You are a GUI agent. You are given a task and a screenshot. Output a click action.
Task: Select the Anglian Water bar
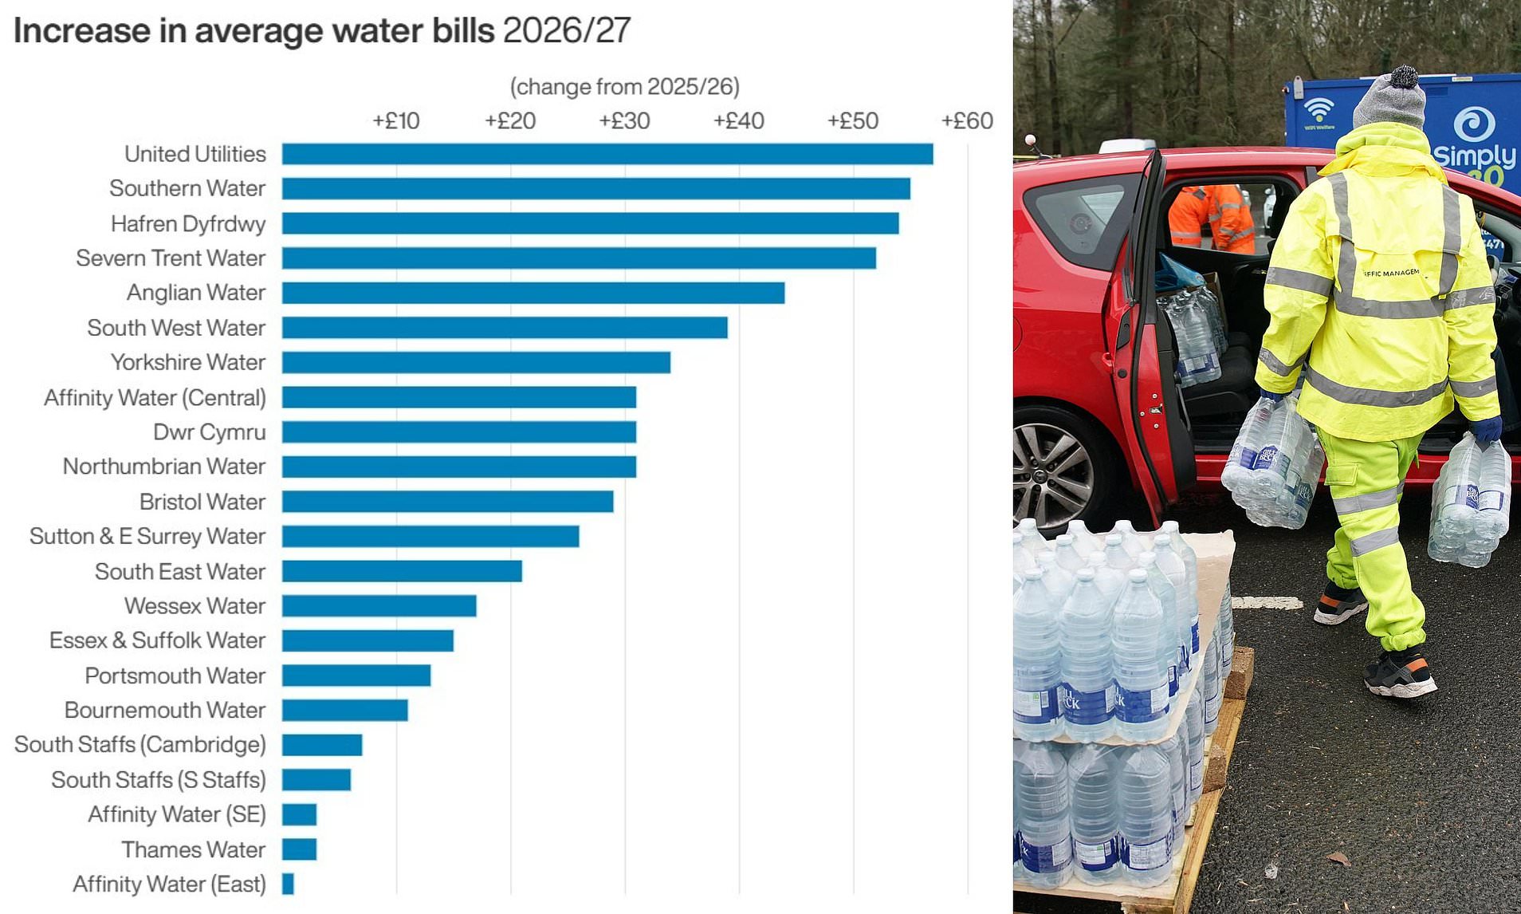pos(533,293)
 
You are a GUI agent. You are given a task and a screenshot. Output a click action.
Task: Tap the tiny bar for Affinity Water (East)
pos(288,884)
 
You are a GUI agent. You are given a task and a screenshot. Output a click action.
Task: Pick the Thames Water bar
pos(299,849)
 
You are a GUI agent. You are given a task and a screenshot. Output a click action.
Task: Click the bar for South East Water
pos(402,571)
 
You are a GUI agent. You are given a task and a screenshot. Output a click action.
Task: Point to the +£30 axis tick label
pos(624,121)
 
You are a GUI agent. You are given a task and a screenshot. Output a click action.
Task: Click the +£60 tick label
pos(967,121)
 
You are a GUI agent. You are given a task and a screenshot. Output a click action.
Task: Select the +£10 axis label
pos(396,121)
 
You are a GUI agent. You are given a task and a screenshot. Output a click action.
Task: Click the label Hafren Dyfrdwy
pos(188,224)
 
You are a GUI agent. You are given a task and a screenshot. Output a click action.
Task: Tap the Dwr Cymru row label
pos(209,432)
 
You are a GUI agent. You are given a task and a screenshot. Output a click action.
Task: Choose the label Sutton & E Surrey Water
pos(147,537)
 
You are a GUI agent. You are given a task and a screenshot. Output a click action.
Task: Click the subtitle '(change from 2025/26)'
pos(624,86)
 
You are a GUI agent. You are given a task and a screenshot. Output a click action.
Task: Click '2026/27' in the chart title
pos(567,31)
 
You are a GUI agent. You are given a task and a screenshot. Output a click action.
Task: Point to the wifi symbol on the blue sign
pos(1319,109)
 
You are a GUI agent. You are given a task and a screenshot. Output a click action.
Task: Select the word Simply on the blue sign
pos(1475,154)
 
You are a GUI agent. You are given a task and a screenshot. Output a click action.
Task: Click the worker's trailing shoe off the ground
pos(1338,603)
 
